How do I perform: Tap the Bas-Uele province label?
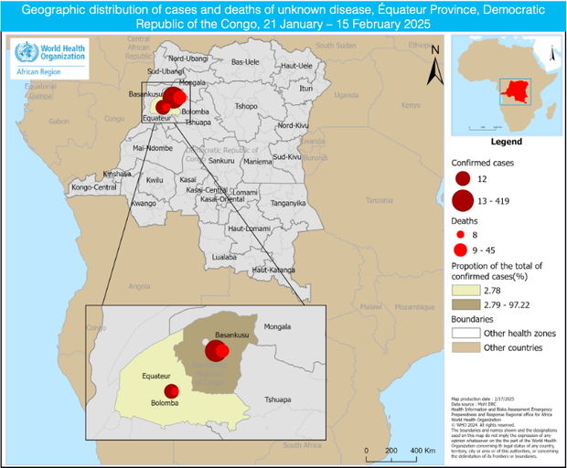pyautogui.click(x=245, y=62)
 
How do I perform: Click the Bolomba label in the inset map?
pyautogui.click(x=165, y=403)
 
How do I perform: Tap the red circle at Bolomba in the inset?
pyautogui.click(x=171, y=391)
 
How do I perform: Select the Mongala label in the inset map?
pyautogui.click(x=277, y=327)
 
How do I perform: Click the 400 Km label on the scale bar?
pyautogui.click(x=423, y=452)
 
